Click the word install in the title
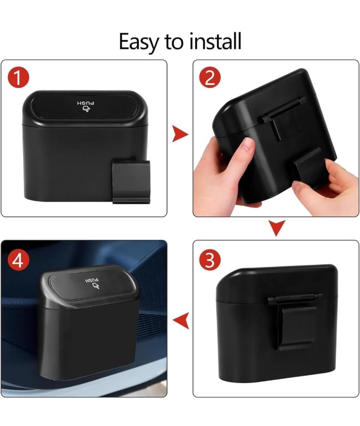coord(215,41)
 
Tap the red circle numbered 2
coord(210,78)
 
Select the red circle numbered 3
coord(210,260)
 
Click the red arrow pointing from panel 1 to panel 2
coord(180,134)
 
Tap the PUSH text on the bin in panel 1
coord(86,103)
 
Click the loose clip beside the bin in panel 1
coord(131,181)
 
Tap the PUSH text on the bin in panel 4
coord(92,280)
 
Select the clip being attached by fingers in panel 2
coord(309,167)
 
